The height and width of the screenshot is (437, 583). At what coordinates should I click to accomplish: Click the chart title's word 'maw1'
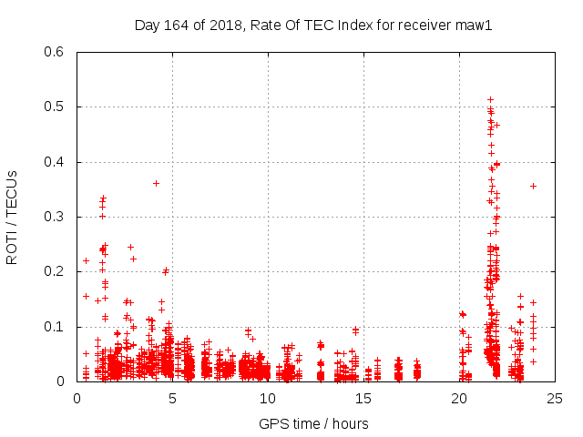(474, 25)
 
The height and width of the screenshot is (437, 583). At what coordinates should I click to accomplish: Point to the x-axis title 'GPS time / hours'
(314, 423)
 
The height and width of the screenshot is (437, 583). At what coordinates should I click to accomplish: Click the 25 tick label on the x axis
(554, 397)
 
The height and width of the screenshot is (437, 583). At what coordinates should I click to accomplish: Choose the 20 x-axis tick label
(459, 397)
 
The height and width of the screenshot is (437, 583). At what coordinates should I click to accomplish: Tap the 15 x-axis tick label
(363, 397)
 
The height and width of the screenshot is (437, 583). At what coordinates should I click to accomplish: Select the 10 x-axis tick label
(268, 397)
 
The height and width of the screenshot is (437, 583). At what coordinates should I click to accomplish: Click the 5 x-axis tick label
(172, 397)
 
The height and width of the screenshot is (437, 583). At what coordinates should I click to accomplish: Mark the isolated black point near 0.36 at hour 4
(156, 183)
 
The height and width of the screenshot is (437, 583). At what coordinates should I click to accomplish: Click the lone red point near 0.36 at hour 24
(533, 186)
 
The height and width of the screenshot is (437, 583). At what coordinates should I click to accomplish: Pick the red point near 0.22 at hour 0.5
(86, 260)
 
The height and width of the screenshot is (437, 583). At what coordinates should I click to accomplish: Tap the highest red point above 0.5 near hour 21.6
(490, 99)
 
